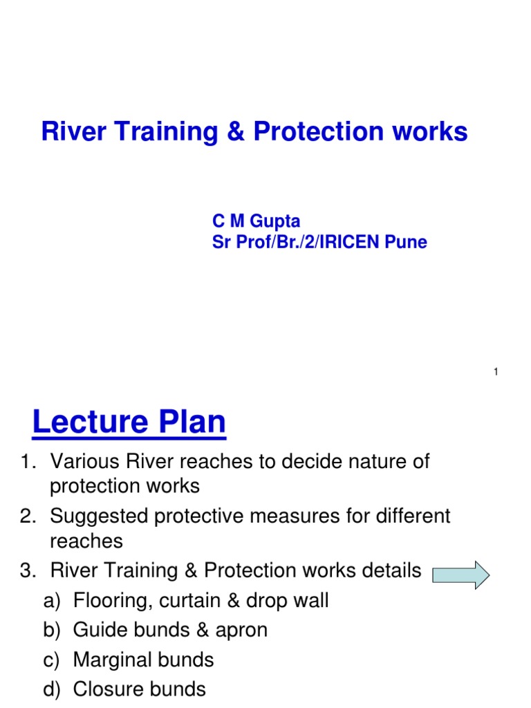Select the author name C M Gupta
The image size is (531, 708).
(x=256, y=221)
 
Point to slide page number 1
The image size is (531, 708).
(x=496, y=373)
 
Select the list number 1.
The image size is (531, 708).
(x=26, y=461)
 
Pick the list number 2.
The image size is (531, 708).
(x=26, y=516)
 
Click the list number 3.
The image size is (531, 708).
(x=26, y=570)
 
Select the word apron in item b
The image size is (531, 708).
(x=243, y=630)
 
